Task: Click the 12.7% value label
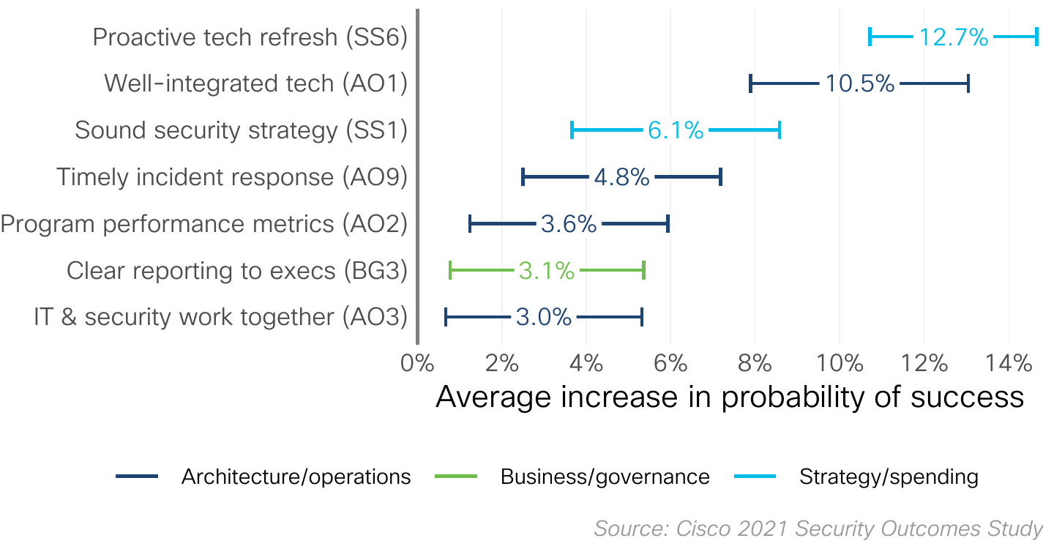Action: tap(953, 37)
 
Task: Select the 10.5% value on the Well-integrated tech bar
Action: tap(860, 84)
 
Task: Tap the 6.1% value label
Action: tap(675, 131)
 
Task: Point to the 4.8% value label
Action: tap(621, 178)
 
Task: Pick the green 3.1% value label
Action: tap(546, 272)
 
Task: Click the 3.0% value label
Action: tap(543, 318)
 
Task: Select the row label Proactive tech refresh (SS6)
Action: tap(250, 37)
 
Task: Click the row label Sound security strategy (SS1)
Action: tap(241, 131)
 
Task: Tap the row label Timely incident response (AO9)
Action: tap(231, 178)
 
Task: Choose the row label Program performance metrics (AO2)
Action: tap(203, 224)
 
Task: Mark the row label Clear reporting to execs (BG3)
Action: tap(236, 271)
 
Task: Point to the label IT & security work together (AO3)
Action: tap(220, 318)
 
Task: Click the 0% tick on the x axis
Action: tap(418, 362)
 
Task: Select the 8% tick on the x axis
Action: tap(755, 362)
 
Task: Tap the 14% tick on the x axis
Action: tap(1008, 362)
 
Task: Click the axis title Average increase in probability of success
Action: tap(729, 397)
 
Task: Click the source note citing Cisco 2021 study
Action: tap(818, 529)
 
